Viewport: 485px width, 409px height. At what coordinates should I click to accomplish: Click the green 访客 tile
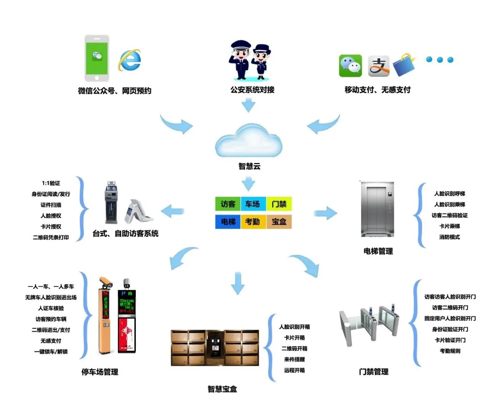(228, 204)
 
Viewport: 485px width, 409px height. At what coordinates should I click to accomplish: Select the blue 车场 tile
(252, 204)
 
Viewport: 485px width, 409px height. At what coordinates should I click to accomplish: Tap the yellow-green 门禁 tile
(279, 204)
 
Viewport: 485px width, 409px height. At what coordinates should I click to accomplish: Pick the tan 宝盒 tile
(279, 222)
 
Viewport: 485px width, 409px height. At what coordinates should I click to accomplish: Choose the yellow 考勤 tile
(252, 222)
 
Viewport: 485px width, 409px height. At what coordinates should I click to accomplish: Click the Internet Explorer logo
(130, 60)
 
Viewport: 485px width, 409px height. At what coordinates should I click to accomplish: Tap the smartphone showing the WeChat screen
(97, 58)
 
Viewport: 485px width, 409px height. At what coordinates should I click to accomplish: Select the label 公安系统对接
(252, 90)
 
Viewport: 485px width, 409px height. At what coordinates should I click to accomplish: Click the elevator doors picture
(377, 209)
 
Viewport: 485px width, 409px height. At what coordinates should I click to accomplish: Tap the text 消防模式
(450, 237)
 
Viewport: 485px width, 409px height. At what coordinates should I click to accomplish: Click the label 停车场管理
(100, 372)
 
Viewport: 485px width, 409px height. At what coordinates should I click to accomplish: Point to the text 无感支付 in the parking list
(51, 341)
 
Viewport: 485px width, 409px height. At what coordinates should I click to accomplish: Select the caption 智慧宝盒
(222, 389)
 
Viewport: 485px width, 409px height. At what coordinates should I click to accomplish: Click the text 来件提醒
(294, 359)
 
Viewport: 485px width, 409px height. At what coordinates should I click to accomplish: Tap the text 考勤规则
(450, 351)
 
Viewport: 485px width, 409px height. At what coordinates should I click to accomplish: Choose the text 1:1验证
(51, 183)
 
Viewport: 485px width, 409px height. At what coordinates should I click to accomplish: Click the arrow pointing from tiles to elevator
(325, 213)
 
